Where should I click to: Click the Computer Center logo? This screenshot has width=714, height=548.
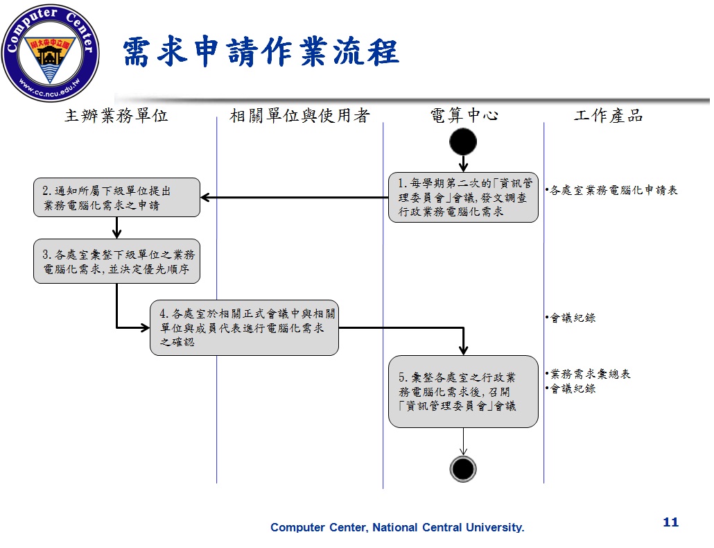[50, 53]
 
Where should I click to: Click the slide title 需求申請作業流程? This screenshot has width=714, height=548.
[261, 53]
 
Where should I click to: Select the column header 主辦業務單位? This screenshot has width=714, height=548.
[116, 116]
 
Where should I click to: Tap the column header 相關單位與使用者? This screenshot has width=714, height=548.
[299, 116]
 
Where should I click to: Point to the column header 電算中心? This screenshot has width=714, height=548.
[464, 116]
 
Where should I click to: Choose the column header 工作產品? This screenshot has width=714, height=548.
[608, 116]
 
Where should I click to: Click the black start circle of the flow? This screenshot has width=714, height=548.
[463, 142]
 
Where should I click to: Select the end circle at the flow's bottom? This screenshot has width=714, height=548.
[463, 469]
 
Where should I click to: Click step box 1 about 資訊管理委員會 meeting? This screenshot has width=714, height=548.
[463, 198]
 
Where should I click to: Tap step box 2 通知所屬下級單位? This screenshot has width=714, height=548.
[116, 198]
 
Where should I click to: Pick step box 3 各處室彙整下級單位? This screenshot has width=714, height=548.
[116, 262]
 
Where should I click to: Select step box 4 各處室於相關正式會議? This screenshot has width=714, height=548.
[244, 328]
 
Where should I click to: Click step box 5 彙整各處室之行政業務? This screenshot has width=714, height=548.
[463, 391]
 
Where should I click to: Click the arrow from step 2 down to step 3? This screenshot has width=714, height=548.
[116, 228]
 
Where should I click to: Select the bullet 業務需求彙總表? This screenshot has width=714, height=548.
[589, 374]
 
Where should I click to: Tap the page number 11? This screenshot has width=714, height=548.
[670, 522]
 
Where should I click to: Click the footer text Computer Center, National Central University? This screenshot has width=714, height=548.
[397, 528]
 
